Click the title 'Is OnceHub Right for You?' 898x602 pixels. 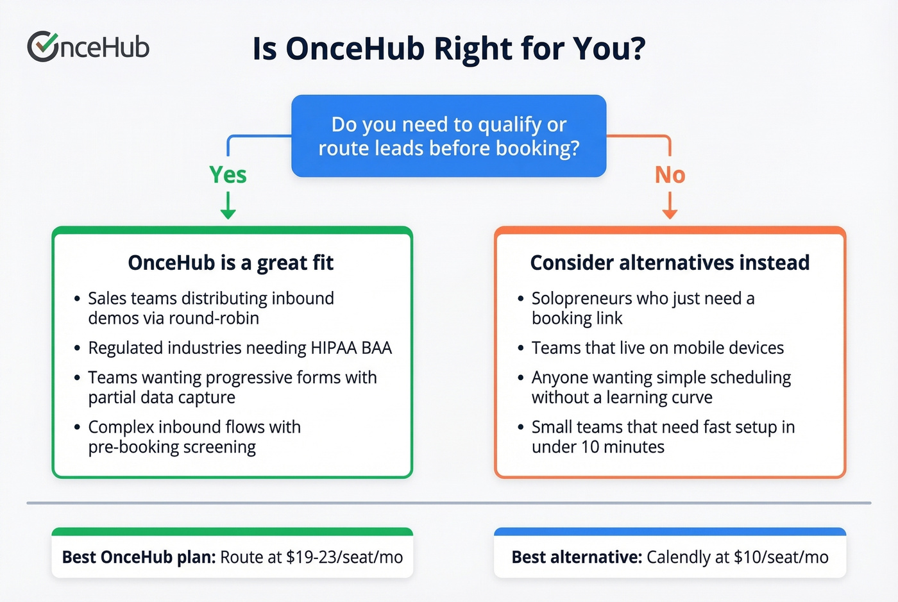click(448, 49)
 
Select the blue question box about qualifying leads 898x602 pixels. click(448, 136)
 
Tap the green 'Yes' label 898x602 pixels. click(228, 174)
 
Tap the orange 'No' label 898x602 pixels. click(670, 174)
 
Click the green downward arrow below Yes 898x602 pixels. click(228, 206)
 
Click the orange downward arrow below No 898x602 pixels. click(670, 206)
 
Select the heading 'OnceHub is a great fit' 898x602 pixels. click(231, 263)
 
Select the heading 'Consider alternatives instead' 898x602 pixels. click(670, 263)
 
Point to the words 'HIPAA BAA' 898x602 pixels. click(351, 348)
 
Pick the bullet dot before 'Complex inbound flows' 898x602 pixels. click(77, 428)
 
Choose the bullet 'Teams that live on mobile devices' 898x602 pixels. click(657, 348)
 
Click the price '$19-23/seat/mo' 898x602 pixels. click(344, 557)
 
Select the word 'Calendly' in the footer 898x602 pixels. click(677, 557)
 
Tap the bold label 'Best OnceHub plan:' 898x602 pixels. click(139, 557)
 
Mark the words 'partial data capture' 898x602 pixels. click(162, 398)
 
